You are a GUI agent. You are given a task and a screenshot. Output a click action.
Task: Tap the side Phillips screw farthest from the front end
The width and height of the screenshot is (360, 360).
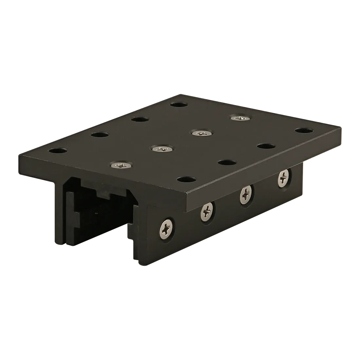click(x=283, y=178)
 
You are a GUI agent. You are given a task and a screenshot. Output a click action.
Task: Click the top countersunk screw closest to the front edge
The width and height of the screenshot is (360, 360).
click(x=122, y=165)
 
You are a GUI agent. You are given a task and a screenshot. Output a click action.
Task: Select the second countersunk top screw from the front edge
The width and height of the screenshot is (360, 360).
click(x=161, y=149)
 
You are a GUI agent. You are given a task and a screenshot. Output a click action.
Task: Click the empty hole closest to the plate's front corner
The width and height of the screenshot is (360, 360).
click(x=186, y=179)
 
